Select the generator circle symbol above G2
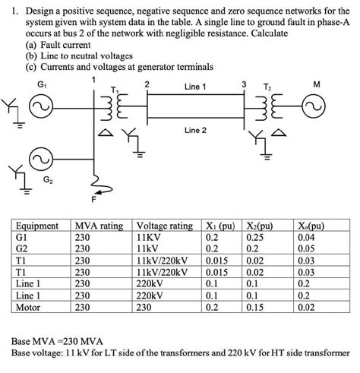tap(39, 161)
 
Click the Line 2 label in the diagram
tap(195, 131)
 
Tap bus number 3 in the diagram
tap(244, 82)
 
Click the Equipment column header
tap(38, 226)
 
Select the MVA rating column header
tap(99, 226)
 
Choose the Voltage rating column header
tap(163, 226)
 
